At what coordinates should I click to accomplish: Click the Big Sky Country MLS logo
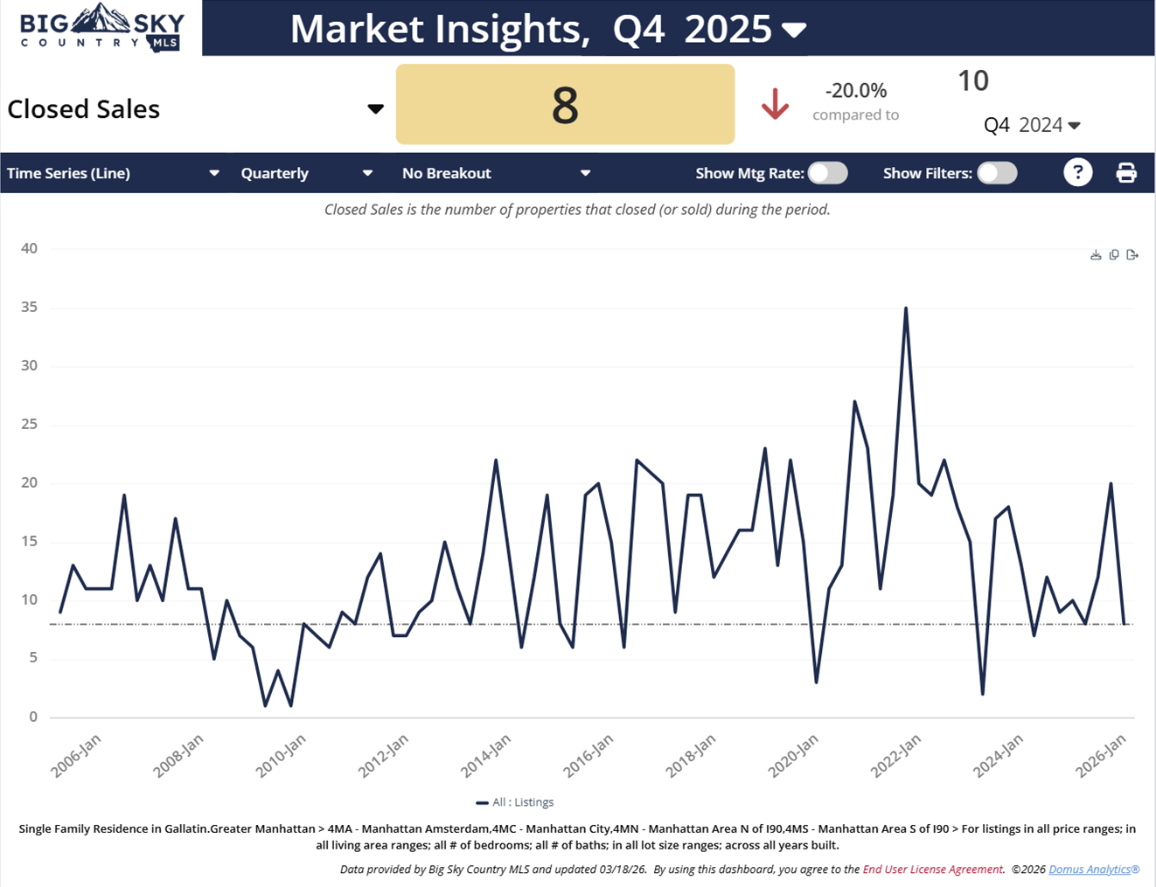point(101,27)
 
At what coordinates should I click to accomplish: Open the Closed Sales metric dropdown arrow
point(375,109)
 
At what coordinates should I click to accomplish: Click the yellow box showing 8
point(565,104)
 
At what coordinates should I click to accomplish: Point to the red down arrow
point(775,104)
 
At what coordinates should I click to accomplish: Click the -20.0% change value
point(855,91)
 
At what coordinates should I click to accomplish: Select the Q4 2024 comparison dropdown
point(1032,125)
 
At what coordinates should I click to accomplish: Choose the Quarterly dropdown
point(307,173)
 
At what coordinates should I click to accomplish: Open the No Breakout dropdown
point(496,173)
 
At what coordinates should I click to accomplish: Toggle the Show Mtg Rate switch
point(827,173)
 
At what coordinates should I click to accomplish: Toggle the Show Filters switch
point(997,173)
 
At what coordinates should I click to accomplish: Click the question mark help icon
point(1077,173)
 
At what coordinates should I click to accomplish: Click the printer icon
point(1126,173)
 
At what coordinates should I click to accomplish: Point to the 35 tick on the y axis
point(30,308)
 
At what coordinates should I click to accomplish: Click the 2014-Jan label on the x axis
point(485,756)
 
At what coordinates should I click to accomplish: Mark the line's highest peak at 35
point(906,308)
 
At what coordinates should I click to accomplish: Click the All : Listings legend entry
point(515,802)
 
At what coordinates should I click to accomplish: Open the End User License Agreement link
point(932,870)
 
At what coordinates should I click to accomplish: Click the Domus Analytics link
point(1093,870)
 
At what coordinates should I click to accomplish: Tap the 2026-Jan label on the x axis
point(1100,756)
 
